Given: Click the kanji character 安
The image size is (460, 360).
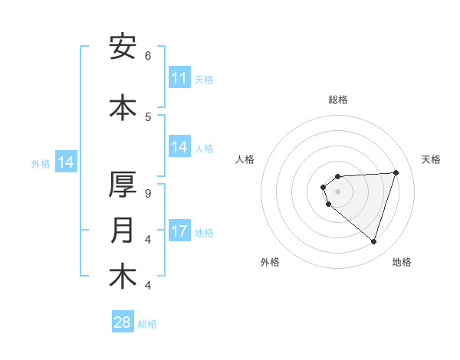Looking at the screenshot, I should coord(123,47).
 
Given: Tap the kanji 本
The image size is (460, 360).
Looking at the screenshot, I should coord(123,108).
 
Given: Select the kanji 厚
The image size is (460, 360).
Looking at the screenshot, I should coord(123,185).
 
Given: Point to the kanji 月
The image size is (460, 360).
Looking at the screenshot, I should coord(123,231).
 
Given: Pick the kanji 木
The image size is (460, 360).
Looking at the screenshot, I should coord(123,277).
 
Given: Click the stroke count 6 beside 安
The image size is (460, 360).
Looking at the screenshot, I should coord(148,56).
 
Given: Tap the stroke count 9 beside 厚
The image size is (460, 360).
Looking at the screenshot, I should coord(148,194).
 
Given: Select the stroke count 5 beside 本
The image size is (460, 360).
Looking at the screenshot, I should coord(148,117).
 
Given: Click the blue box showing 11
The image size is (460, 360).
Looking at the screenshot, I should coord(179,78).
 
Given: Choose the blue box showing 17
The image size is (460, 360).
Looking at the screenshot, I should coord(179,231).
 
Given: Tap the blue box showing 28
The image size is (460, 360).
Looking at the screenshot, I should coord(123,322).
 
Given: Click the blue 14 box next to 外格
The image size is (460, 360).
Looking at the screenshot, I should coord(66,162).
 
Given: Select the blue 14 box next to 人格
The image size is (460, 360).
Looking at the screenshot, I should coord(179,147).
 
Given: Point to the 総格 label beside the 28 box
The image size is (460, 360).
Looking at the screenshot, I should coord(147,324).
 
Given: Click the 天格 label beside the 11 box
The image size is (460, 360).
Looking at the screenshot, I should coord(204,80).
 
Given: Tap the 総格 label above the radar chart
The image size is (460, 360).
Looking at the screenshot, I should coord(338,100).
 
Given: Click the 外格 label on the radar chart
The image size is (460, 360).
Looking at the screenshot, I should coord(269,263).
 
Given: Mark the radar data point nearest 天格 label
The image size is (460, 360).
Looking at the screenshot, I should coord(396,172).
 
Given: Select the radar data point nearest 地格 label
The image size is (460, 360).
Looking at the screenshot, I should coord(373,242).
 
